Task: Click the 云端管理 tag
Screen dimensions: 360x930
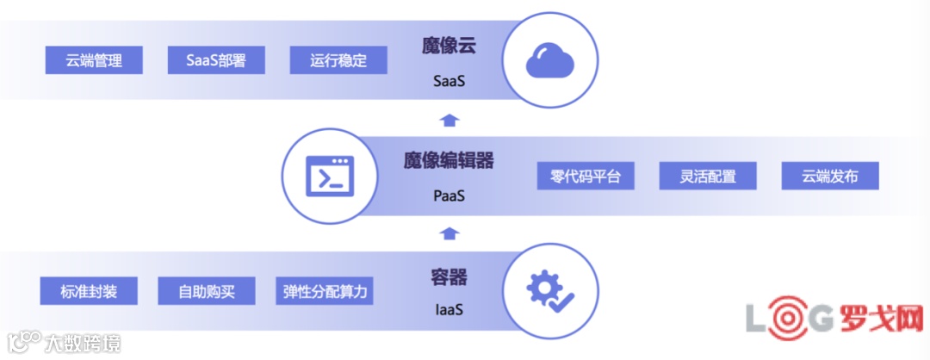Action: coord(94,60)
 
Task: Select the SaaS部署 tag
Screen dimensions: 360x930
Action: coord(216,60)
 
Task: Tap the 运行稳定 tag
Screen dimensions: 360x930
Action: coord(338,60)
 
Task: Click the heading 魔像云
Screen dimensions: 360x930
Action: coord(449,46)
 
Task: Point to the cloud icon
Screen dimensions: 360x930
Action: coord(550,59)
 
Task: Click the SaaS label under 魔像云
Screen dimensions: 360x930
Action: coord(449,83)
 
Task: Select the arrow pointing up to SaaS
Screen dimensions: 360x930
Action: coord(449,119)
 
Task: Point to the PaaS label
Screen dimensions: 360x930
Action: coord(449,196)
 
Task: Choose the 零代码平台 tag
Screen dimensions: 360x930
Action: coord(586,177)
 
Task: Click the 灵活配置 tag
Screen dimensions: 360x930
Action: coord(708,177)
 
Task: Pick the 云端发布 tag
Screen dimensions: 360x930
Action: coord(830,177)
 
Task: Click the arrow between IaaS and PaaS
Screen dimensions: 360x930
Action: coord(449,233)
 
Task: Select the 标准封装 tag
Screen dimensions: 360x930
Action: coord(90,291)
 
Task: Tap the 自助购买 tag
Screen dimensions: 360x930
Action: coord(207,291)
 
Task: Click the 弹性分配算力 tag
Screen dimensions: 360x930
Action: coord(325,291)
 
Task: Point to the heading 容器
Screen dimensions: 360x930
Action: coord(449,276)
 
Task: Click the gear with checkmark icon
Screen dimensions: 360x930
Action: coord(550,291)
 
